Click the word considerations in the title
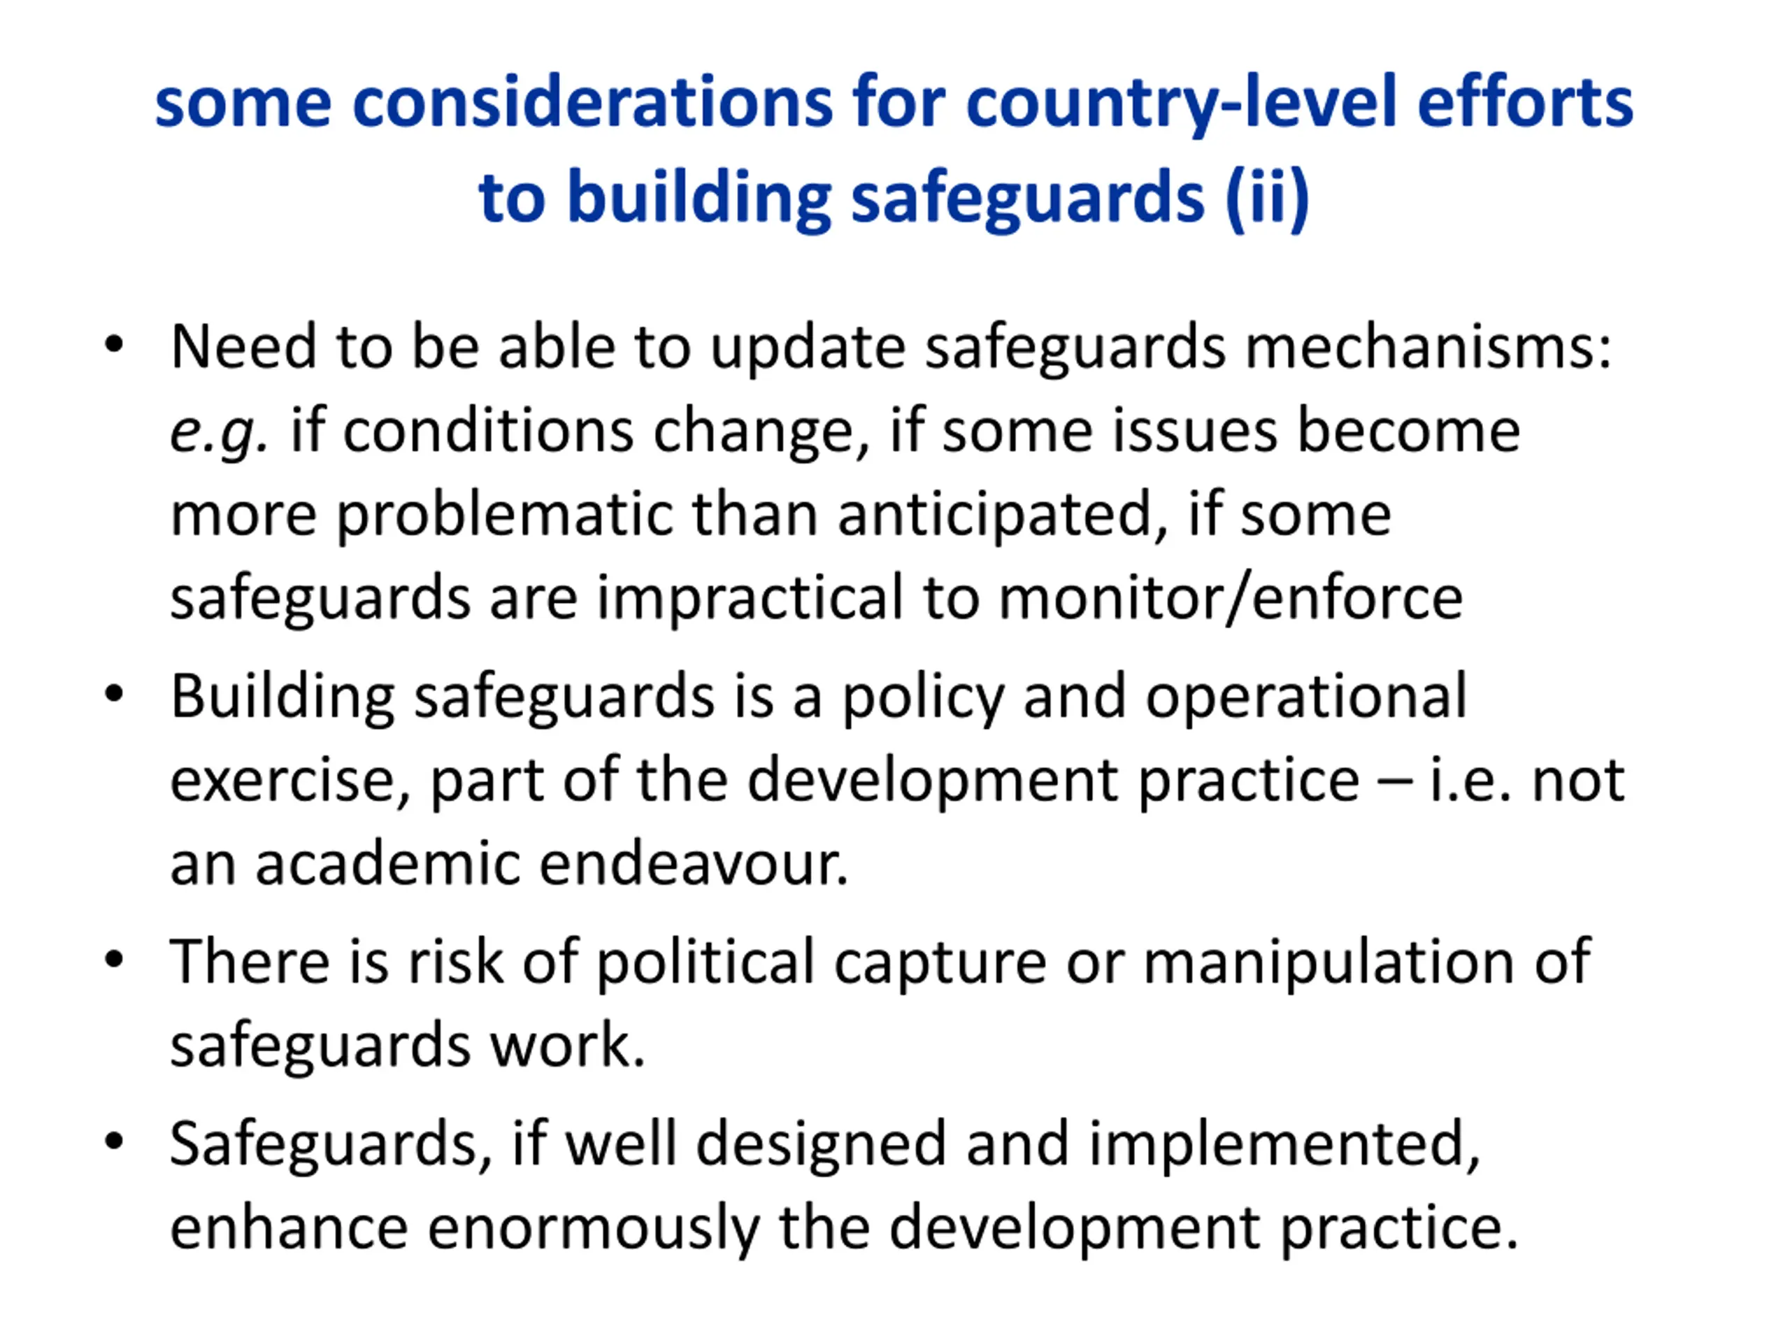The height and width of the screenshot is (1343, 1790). coord(592,103)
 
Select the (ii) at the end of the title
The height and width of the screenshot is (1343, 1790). coord(1266,197)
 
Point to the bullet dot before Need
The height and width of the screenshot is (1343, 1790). coord(114,345)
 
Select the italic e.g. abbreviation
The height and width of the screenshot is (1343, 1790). coord(218,432)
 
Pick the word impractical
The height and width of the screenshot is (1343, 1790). coord(750,598)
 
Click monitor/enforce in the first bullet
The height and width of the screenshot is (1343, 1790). coord(1230,598)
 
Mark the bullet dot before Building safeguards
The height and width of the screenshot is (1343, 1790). coord(114,694)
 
